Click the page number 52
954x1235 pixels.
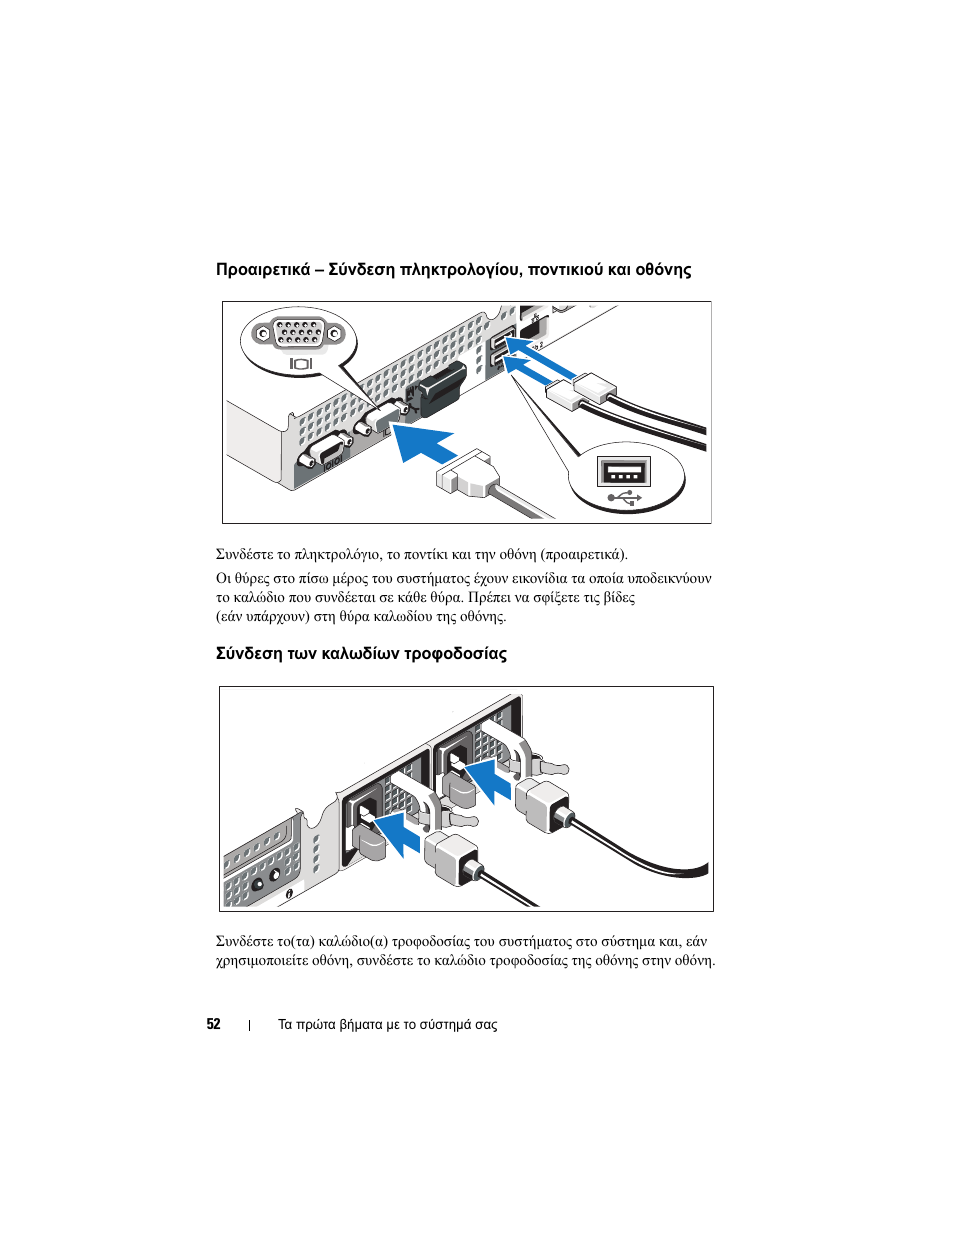pos(213,1024)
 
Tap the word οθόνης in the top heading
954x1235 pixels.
pos(663,270)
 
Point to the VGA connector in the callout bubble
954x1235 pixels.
pos(298,333)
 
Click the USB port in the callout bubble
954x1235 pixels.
pos(624,471)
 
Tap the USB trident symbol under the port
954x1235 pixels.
pos(624,497)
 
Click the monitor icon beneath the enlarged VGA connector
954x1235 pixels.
pos(301,364)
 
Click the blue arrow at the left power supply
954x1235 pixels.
pos(397,835)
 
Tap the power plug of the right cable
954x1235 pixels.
pos(542,804)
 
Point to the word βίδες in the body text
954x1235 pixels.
pos(619,598)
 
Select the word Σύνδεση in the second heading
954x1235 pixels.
pos(250,654)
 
